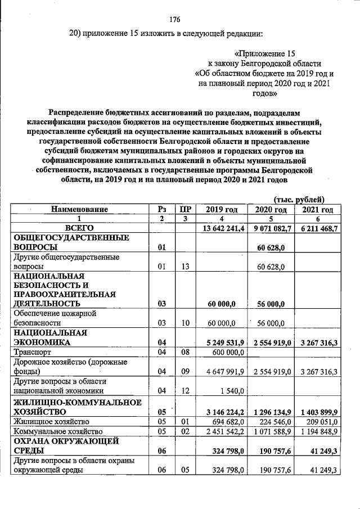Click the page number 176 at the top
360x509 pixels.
(175, 19)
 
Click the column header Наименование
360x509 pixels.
(79, 209)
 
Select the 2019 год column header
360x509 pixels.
(220, 209)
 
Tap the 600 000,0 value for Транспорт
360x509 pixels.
(226, 352)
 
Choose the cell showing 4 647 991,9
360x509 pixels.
(220, 371)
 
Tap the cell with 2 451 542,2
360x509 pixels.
(220, 431)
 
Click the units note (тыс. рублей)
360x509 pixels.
(299, 199)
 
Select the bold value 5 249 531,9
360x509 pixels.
(220, 342)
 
